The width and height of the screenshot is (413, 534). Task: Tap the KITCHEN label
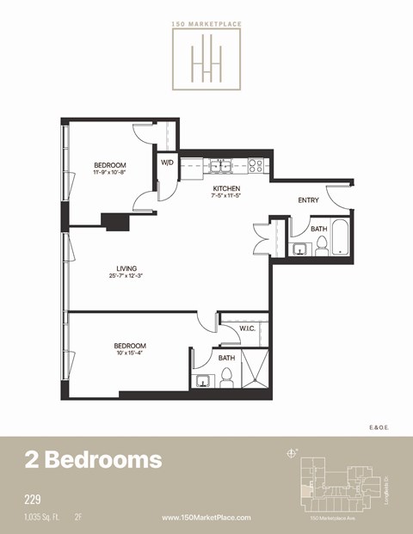click(226, 187)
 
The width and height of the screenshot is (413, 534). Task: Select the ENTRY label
click(308, 200)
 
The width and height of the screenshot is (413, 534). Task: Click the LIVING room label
click(125, 268)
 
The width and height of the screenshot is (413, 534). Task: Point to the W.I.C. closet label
click(247, 328)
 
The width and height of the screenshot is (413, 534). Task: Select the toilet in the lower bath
click(227, 377)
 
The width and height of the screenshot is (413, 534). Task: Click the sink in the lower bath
click(204, 381)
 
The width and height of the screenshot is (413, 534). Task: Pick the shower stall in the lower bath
click(256, 371)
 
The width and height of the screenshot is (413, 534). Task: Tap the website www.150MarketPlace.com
click(206, 518)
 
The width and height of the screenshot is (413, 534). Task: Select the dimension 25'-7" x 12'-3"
click(125, 276)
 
